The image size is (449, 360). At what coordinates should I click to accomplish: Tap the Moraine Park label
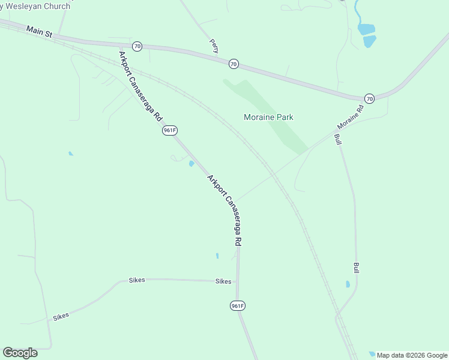click(x=268, y=117)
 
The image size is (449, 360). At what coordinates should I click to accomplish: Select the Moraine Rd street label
click(x=351, y=118)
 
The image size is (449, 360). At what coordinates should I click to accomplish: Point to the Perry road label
click(x=214, y=45)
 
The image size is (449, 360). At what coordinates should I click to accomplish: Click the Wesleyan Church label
click(x=36, y=5)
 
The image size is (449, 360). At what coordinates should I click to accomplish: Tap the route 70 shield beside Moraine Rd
click(x=369, y=98)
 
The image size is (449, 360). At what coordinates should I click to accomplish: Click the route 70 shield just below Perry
click(x=234, y=64)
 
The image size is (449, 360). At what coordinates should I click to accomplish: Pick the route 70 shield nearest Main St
click(x=137, y=46)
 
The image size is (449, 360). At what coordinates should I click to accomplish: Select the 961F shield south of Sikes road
click(x=237, y=306)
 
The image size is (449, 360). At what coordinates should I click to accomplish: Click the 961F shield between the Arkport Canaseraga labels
click(x=170, y=130)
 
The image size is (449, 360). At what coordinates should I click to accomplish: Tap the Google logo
click(x=20, y=353)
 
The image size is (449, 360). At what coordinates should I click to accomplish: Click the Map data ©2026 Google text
click(x=412, y=355)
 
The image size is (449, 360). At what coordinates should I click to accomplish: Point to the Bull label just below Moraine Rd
click(x=337, y=139)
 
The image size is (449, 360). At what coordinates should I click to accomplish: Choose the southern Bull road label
click(x=357, y=268)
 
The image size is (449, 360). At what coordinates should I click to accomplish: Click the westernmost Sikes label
click(x=61, y=316)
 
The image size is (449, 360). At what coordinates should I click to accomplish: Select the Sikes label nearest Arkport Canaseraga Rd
click(x=223, y=281)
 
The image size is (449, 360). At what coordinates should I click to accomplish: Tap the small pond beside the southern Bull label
click(x=348, y=284)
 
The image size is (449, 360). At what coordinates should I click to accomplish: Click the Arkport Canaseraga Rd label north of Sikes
click(x=224, y=209)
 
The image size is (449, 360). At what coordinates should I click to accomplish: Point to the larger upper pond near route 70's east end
click(x=366, y=29)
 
